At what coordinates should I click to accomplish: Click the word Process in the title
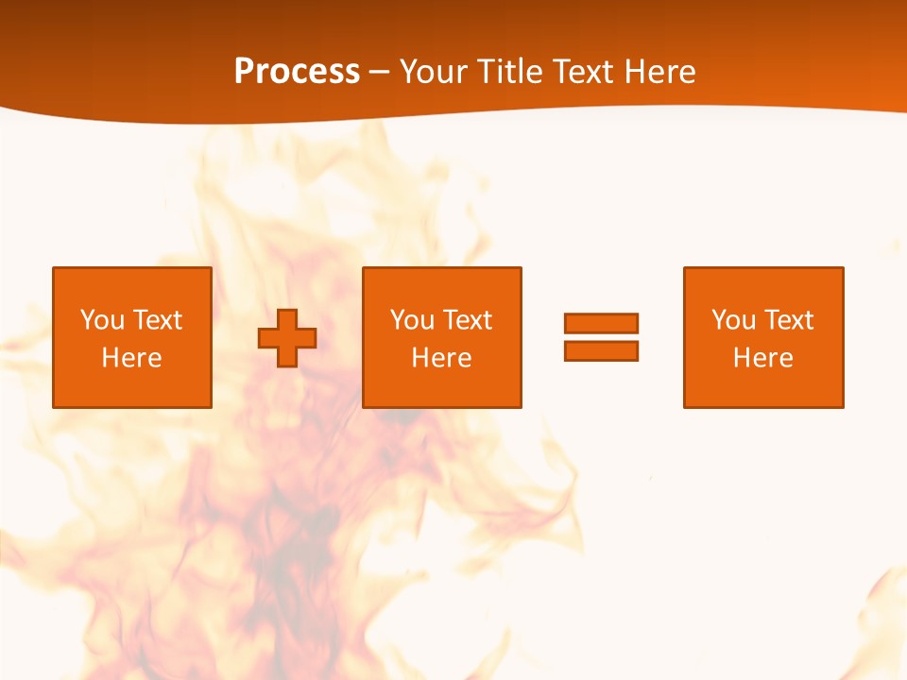(297, 72)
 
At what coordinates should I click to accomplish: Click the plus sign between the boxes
(287, 338)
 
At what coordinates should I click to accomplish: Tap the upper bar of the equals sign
(601, 324)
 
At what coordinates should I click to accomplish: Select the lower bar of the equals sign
(601, 350)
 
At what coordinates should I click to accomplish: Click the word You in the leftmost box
(102, 320)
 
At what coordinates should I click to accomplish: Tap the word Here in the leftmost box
(132, 358)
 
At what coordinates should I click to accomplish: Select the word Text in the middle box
(467, 320)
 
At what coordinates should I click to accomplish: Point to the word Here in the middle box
(442, 358)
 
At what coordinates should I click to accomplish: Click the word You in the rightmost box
(733, 320)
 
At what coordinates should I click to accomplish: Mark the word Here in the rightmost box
(763, 358)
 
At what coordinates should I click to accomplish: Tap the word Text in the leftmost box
(157, 320)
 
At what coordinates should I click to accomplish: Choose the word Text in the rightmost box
(788, 320)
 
